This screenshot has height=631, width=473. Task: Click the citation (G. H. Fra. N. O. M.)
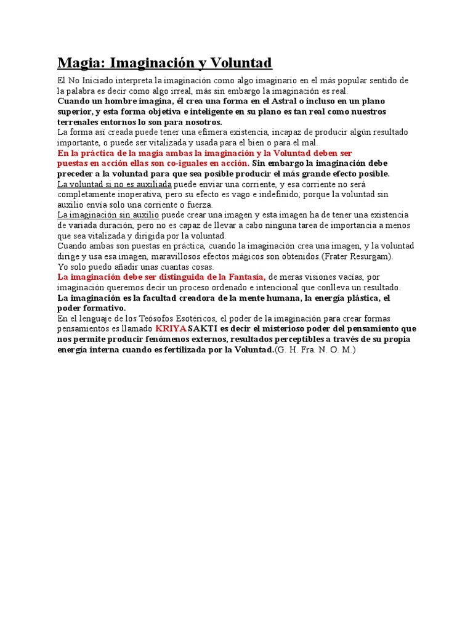point(315,350)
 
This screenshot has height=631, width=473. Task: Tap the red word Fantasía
point(245,277)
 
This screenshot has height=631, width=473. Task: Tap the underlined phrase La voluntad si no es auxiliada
point(114,184)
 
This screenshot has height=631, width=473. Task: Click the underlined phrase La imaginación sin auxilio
point(108,215)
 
